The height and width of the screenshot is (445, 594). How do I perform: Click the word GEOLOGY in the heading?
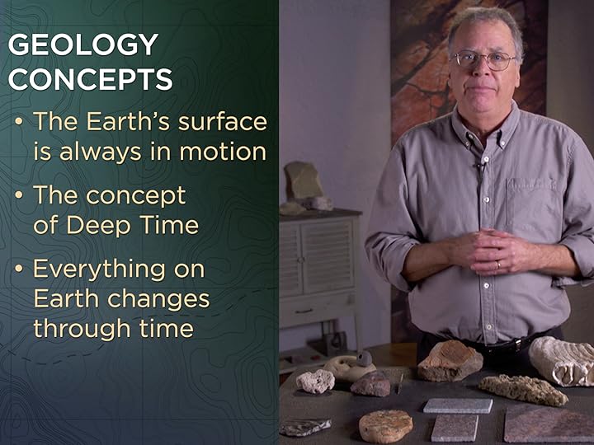pos(82,44)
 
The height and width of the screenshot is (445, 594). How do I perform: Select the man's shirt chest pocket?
pos(536,207)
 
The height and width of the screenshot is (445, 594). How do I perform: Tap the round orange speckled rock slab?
pos(384,424)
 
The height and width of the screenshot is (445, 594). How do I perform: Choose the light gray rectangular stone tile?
pos(458,405)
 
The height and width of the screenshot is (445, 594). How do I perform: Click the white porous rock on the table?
pos(316,380)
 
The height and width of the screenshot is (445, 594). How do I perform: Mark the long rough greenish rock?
pos(523,389)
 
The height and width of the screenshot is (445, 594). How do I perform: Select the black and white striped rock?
pos(305,426)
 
